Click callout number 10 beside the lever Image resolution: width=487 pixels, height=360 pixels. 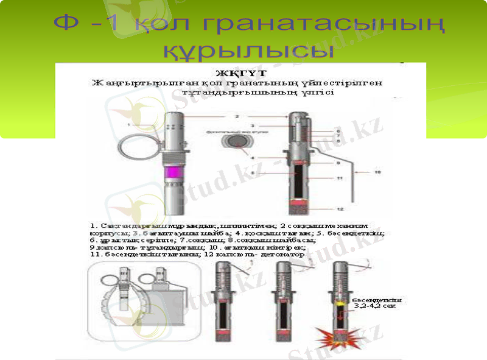pyautogui.click(x=377, y=172)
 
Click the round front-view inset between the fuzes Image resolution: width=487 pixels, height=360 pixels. pyautogui.click(x=235, y=141)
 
